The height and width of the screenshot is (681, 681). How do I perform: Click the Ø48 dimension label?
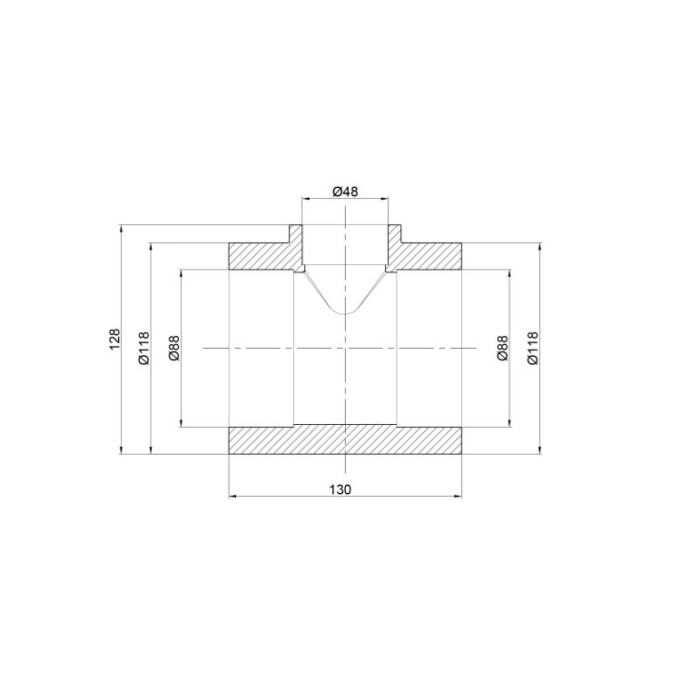tap(345, 191)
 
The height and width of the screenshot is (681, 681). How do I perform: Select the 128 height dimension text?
tap(114, 340)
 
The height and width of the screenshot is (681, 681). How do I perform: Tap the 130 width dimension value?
tap(340, 489)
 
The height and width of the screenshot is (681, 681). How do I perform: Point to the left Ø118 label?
tap(143, 348)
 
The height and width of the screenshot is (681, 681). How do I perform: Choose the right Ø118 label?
tap(532, 348)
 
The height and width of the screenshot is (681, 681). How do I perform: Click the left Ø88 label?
tap(174, 348)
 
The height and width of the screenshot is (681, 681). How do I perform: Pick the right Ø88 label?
tap(502, 348)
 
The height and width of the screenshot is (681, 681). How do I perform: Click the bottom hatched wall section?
tap(345, 440)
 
